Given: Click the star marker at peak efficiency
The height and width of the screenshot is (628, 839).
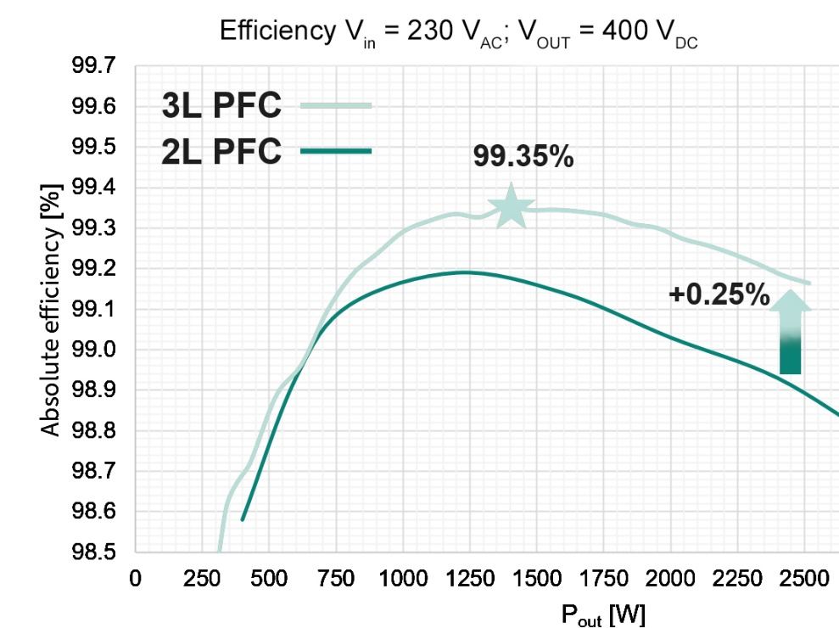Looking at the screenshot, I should pyautogui.click(x=511, y=206).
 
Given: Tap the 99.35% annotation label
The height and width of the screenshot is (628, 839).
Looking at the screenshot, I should pyautogui.click(x=523, y=157).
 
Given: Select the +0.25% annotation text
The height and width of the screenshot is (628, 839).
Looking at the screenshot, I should pyautogui.click(x=719, y=295).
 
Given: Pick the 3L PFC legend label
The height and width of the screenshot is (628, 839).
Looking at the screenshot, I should pyautogui.click(x=221, y=106).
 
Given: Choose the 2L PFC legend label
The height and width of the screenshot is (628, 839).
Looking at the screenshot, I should pyautogui.click(x=221, y=152).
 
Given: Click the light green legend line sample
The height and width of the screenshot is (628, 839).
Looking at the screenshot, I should pyautogui.click(x=336, y=105).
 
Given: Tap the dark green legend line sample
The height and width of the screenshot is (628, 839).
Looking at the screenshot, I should pyautogui.click(x=336, y=152).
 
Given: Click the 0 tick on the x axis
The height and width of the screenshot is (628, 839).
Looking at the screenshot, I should pyautogui.click(x=135, y=581).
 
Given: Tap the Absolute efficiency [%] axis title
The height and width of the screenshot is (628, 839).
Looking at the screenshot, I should pyautogui.click(x=52, y=309).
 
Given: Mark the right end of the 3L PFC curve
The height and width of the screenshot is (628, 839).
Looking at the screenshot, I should pyautogui.click(x=809, y=283).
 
